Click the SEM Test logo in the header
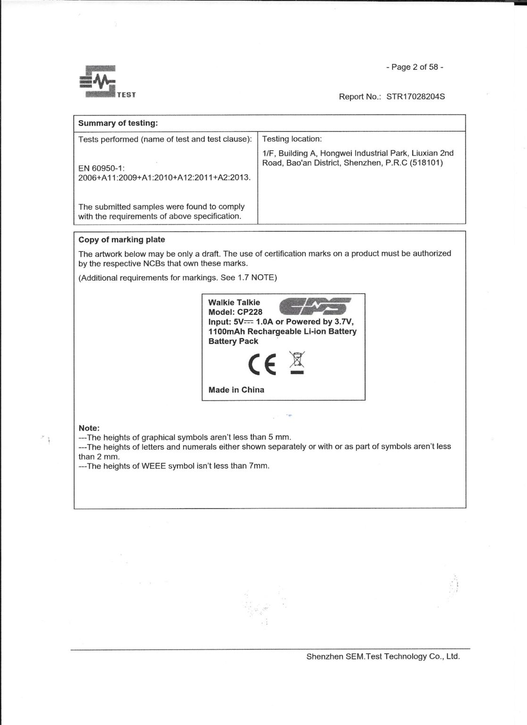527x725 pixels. coord(108,82)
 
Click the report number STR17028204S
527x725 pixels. coord(415,97)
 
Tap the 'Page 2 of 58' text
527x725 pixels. coord(415,67)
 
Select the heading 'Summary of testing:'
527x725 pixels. coord(117,123)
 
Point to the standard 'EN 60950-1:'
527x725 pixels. coord(101,168)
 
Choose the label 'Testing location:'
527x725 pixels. coord(292,139)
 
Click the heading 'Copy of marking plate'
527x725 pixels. coord(121,240)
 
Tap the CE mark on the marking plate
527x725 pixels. coord(262,364)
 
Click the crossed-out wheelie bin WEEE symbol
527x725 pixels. coord(297,362)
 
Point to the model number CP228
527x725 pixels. coord(250,312)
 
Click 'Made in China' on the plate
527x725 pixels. coord(236,390)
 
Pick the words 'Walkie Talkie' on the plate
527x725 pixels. coord(234,302)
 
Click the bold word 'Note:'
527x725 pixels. coord(89,428)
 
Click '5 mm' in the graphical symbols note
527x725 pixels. coord(279,437)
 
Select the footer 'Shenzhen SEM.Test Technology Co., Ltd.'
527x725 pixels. coord(383,657)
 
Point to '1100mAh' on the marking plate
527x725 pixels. coord(226,331)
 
